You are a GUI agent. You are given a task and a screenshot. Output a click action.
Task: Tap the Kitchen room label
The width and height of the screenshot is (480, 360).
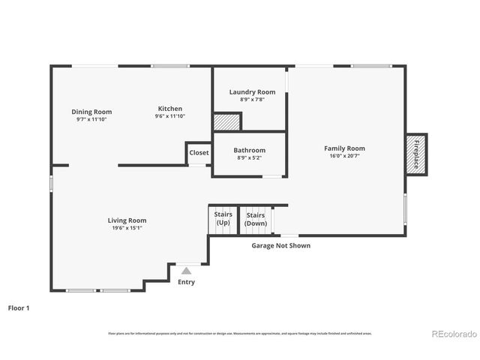point(169,109)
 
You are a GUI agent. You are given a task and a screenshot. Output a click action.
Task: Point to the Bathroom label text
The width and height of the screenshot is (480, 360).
point(249,150)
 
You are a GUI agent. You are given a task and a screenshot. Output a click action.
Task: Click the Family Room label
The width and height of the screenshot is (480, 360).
point(344,148)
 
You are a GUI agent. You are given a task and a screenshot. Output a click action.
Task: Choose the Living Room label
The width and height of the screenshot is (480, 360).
point(127,220)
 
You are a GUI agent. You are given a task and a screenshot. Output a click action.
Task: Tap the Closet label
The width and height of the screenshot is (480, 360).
point(199,152)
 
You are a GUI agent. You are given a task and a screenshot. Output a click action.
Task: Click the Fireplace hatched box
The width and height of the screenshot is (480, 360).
point(416,155)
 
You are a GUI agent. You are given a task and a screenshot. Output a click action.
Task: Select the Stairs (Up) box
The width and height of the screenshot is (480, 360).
point(223,219)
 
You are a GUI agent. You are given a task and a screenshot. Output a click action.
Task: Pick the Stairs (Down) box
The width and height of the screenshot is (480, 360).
point(256,219)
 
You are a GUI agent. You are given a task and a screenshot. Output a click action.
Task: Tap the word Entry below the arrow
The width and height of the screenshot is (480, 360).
point(186,283)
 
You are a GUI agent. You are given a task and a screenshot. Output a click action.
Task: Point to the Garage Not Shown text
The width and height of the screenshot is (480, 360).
point(280,245)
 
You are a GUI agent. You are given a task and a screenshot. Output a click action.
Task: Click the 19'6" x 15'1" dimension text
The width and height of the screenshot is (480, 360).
point(127,228)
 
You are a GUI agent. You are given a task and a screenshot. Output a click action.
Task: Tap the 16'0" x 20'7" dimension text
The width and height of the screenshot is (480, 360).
point(344,156)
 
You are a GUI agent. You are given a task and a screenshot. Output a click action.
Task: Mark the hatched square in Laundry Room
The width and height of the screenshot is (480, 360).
point(226,121)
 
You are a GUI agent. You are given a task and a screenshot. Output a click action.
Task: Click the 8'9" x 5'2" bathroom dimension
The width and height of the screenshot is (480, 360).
point(249,157)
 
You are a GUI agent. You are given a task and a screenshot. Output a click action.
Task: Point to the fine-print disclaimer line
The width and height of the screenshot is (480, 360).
point(239,333)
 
